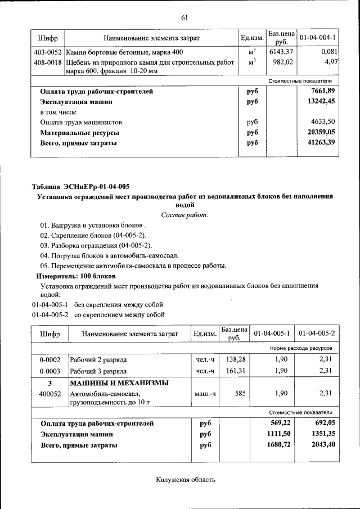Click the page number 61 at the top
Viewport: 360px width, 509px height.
(183, 17)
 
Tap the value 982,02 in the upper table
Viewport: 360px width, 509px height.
(282, 61)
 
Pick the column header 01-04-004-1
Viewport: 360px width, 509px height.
(318, 38)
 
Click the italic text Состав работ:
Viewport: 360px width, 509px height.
(184, 215)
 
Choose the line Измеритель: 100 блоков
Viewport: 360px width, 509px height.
(76, 276)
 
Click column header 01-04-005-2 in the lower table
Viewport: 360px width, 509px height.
(318, 334)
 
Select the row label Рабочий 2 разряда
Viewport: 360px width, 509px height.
(98, 359)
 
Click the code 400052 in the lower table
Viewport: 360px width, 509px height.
(49, 394)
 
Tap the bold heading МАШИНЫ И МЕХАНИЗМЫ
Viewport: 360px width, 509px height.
(119, 383)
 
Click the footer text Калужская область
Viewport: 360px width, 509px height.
(185, 480)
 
